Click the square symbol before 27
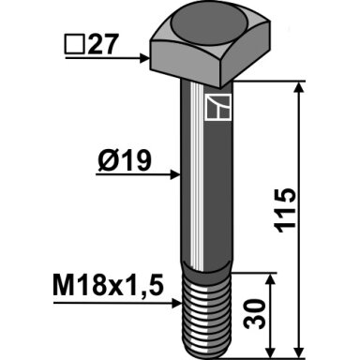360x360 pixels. [75, 45]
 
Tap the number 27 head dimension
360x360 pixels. [103, 44]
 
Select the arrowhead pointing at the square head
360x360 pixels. [144, 58]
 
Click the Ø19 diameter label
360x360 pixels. [125, 161]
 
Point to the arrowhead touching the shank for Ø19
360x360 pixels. [175, 174]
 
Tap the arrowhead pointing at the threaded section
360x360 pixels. [176, 303]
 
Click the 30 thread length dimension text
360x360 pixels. [254, 314]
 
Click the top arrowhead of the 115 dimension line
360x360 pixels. [299, 87]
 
